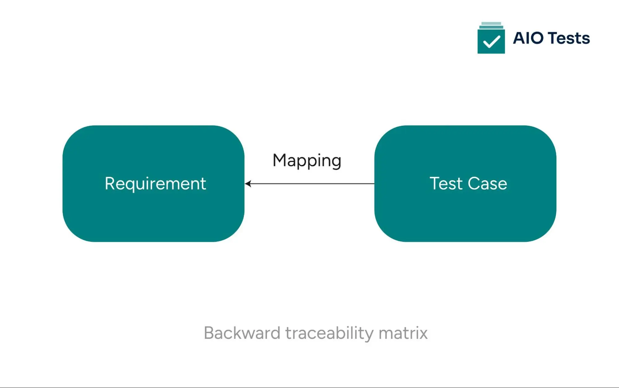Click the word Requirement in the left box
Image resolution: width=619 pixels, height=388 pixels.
click(155, 184)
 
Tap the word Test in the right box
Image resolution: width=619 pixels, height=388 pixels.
click(446, 183)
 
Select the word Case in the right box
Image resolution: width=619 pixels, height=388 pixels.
click(487, 183)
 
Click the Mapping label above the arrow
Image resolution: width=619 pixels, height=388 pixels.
click(307, 161)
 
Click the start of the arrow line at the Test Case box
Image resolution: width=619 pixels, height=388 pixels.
click(373, 184)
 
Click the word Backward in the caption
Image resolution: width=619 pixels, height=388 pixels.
click(242, 333)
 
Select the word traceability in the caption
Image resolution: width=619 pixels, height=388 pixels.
click(329, 334)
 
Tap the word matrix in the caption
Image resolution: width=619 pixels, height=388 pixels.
click(403, 333)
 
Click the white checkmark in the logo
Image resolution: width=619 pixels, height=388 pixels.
click(491, 42)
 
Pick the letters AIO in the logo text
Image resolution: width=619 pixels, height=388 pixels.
click(528, 38)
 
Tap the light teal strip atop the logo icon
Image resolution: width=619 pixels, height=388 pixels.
click(491, 24)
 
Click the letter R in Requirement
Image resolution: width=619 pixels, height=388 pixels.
click(110, 183)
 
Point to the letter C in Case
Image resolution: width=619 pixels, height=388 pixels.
click(474, 183)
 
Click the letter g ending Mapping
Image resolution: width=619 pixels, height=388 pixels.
click(336, 162)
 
